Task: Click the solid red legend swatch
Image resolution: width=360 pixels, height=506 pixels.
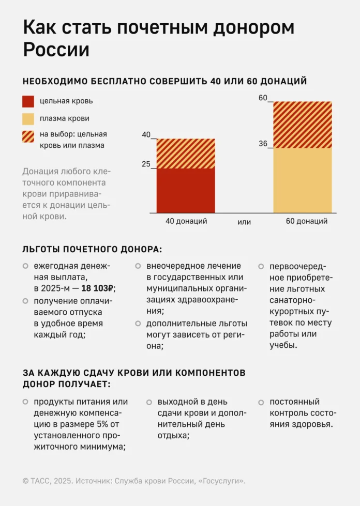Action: coord(28,101)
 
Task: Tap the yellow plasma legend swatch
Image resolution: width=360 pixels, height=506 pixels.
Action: coord(28,118)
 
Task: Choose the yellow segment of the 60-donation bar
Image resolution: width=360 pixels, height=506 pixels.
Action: coord(303,180)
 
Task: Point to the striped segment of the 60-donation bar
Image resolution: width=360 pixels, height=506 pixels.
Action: coord(303,125)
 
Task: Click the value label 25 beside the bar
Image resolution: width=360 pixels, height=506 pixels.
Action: coord(146,164)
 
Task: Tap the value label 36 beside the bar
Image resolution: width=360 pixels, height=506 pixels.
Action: coord(263,144)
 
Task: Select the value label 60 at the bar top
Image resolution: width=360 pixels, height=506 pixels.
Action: coord(263,98)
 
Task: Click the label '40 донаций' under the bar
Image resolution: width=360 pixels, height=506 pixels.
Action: coord(186,221)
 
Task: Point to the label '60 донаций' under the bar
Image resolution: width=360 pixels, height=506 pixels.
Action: coord(307,221)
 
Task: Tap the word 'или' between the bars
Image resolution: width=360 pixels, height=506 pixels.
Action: coord(244,222)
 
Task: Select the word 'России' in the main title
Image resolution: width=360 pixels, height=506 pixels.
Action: coord(56,50)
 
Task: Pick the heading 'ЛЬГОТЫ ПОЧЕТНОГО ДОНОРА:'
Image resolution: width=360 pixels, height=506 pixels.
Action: coord(92,250)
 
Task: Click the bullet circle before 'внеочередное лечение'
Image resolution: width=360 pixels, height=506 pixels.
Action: coord(138,266)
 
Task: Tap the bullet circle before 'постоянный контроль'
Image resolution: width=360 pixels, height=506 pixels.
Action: coord(261,402)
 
